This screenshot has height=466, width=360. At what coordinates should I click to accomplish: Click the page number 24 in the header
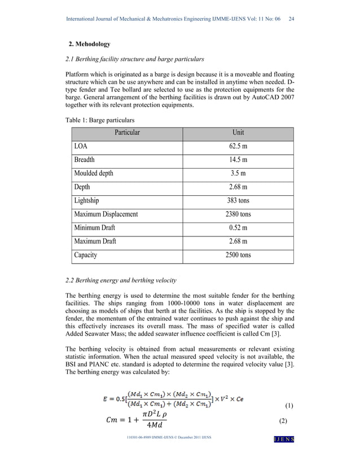[292, 19]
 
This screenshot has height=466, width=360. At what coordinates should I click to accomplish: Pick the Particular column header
[127, 133]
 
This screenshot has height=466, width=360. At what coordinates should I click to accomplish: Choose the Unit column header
[238, 133]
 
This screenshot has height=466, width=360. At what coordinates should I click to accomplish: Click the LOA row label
[81, 146]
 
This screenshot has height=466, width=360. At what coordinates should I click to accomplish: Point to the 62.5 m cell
[238, 146]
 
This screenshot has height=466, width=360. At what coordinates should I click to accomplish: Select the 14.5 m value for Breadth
[238, 160]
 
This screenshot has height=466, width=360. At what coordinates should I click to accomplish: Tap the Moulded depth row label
[94, 173]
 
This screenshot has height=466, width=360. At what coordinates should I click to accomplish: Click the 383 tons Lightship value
[238, 200]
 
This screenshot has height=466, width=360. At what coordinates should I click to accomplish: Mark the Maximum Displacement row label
[106, 214]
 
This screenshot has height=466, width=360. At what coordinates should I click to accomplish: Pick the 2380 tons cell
[238, 214]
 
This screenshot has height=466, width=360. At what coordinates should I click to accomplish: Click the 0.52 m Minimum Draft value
[238, 227]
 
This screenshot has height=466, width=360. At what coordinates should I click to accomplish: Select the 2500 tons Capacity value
[238, 254]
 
